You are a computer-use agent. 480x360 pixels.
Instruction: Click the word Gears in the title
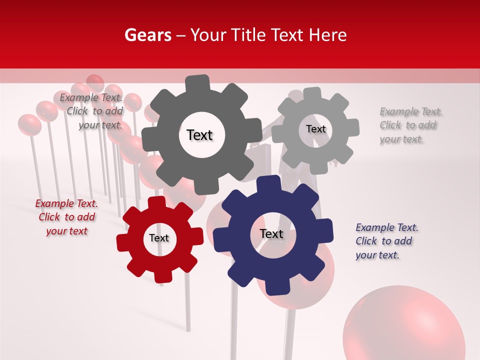point(147,35)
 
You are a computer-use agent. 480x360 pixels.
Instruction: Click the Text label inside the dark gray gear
point(199,135)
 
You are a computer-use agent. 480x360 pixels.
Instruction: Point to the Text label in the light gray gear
point(315,129)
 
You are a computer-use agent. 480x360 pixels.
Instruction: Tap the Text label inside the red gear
point(159,238)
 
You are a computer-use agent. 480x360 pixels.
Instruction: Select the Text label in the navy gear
point(271,233)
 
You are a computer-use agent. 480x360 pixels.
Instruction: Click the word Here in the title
point(327,35)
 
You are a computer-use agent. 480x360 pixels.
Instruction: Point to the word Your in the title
point(208,35)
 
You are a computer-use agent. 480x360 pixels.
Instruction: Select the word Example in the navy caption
point(375,227)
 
